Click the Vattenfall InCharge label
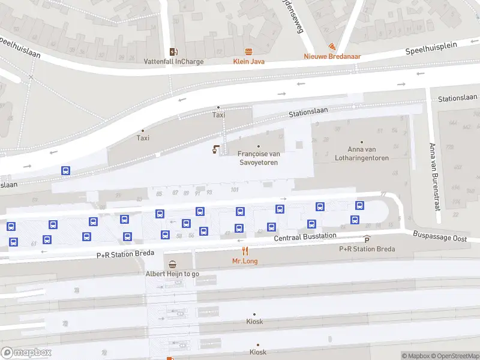click(173, 61)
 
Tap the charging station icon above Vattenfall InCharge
click(173, 52)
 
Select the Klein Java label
click(248, 61)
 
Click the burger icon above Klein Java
click(248, 52)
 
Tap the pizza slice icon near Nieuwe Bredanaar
click(331, 47)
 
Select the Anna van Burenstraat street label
click(432, 177)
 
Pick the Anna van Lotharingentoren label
click(368, 154)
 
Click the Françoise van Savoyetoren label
click(259, 158)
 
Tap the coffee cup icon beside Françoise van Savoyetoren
click(215, 149)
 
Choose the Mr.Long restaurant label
click(245, 261)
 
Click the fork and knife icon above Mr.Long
click(245, 250)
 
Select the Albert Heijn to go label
click(173, 274)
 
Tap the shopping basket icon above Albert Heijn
click(173, 265)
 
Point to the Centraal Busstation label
click(305, 237)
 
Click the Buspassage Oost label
click(440, 238)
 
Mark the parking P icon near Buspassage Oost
click(367, 239)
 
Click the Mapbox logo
click(26, 352)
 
